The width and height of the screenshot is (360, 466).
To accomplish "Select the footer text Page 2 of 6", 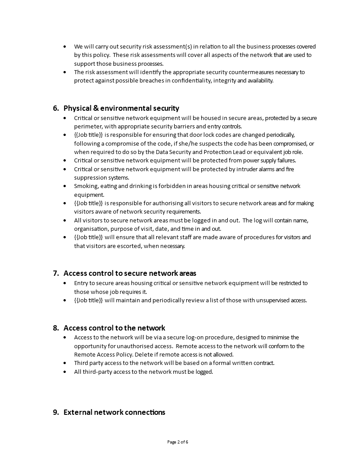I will click(180, 442).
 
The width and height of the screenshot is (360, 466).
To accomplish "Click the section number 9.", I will click(56, 412).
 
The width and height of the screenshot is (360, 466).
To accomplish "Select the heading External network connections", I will click(114, 412).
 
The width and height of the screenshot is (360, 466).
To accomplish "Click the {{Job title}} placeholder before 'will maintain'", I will click(88, 300).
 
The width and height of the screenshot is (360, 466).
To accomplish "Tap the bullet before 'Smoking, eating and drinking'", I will click(65, 186).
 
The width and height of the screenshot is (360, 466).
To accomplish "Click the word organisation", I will click(91, 229).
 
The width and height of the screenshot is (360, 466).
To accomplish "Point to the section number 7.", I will click(56, 273).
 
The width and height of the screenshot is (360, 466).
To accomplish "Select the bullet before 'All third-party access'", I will click(65, 372).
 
